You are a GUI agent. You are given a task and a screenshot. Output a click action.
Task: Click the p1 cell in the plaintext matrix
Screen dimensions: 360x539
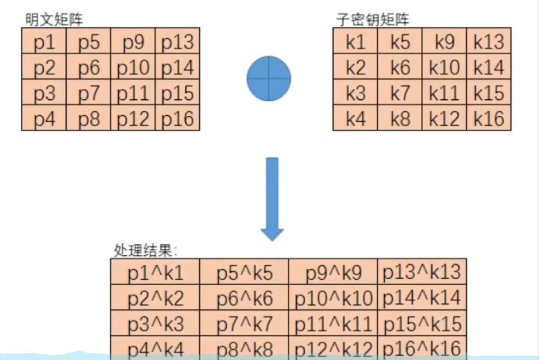[x=44, y=41]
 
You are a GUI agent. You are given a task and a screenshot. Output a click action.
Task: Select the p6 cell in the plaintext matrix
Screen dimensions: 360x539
[x=89, y=68]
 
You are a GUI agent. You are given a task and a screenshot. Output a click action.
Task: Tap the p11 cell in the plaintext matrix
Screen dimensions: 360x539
[x=133, y=93]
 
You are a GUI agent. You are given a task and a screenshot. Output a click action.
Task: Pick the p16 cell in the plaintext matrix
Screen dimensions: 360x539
[x=178, y=118]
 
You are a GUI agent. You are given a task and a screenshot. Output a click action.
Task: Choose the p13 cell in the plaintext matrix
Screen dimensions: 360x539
[x=178, y=41]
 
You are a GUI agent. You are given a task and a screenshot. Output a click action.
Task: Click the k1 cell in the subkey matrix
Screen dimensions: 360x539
[x=355, y=41]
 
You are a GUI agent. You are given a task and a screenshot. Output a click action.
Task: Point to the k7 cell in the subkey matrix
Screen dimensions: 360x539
[x=400, y=93]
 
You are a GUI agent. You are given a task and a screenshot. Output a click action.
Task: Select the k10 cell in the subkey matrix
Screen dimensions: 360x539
[x=444, y=68]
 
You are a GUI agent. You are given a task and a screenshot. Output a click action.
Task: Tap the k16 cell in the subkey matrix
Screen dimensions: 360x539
[x=489, y=118]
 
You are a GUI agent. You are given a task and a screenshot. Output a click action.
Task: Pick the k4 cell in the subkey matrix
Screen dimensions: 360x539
[x=355, y=118]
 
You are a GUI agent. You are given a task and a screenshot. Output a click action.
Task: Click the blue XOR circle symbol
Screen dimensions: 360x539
[x=269, y=79]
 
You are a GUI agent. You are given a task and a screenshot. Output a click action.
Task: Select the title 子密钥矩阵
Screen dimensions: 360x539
[x=373, y=20]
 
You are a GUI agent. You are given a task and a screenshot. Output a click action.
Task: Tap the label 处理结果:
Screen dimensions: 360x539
[x=146, y=250]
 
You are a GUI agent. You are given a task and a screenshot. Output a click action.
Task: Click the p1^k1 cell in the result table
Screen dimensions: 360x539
[x=155, y=272]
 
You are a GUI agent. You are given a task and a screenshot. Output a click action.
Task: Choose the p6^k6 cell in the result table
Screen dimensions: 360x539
[x=244, y=298]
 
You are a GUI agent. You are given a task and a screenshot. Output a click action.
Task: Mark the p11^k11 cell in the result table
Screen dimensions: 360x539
[x=333, y=324]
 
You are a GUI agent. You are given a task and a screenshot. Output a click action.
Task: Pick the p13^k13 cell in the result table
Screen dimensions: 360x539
[x=422, y=272]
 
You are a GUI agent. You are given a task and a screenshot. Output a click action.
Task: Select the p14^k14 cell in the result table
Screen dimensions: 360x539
[x=422, y=298]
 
